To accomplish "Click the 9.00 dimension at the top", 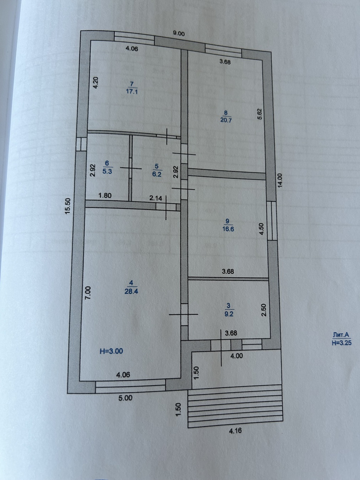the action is click(179, 33).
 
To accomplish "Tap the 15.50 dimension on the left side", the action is click(68, 206).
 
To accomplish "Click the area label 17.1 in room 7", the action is click(132, 91).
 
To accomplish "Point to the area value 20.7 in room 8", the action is click(226, 120).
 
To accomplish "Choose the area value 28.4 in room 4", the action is click(131, 291).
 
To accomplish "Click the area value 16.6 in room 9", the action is click(228, 229).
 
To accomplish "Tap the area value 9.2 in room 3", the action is click(229, 314).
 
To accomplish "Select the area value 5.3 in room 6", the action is click(107, 171).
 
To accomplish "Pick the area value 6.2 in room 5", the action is click(157, 174).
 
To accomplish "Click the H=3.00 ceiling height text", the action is click(111, 351).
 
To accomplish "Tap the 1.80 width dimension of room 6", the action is click(105, 195).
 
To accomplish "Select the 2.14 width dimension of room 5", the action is click(156, 198).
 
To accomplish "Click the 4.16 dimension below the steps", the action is click(235, 431).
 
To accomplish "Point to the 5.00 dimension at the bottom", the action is click(126, 398).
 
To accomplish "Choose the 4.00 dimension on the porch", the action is click(237, 356).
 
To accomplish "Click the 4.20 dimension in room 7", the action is click(96, 82).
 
